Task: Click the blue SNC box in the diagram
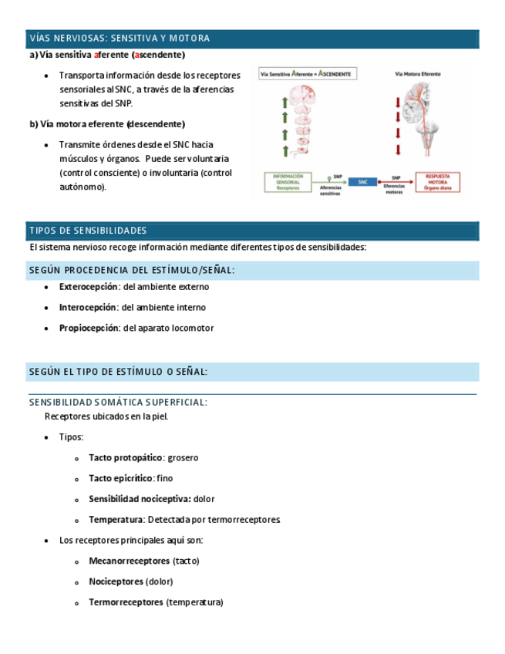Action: [362, 182]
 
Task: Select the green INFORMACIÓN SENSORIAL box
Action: [288, 182]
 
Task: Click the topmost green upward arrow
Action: [284, 102]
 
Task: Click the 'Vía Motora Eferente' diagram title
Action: [418, 75]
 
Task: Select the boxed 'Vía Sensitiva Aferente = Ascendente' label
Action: [307, 75]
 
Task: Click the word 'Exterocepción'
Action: [89, 287]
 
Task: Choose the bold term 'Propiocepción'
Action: [88, 328]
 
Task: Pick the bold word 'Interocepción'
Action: [88, 307]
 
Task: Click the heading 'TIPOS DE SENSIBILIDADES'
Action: [88, 231]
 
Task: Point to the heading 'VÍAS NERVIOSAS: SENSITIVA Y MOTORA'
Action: [120, 39]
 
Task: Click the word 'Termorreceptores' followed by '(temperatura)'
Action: [126, 602]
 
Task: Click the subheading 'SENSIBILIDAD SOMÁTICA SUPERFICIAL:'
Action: [118, 402]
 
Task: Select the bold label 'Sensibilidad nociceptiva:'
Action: [140, 499]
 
